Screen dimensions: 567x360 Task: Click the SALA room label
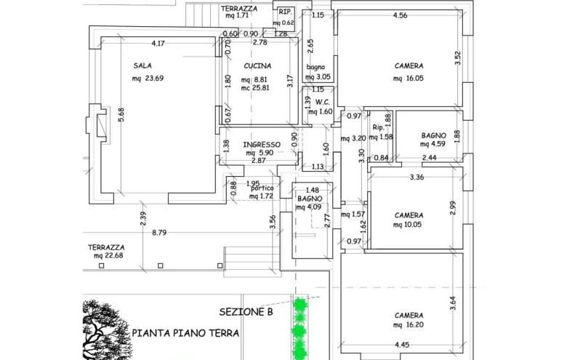(x=142, y=65)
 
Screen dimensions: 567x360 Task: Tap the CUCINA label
(x=257, y=66)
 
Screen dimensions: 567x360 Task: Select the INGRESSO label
(x=262, y=145)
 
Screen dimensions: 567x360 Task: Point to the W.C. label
(x=322, y=103)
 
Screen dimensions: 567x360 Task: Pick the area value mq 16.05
(x=409, y=78)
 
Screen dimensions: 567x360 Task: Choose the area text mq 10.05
(x=407, y=224)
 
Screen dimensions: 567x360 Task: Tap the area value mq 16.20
(x=409, y=324)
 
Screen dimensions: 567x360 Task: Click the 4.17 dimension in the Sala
(x=158, y=44)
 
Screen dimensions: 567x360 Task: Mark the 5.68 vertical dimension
(x=121, y=115)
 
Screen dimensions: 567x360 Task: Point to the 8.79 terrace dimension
(x=159, y=233)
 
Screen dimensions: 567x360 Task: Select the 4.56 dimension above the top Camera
(x=401, y=15)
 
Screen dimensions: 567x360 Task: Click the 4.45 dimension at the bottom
(x=402, y=345)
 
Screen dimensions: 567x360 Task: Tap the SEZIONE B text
(x=246, y=312)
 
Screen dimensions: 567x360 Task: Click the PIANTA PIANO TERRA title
(x=185, y=333)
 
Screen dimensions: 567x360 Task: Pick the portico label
(x=262, y=188)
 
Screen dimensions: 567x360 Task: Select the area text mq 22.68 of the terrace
(x=108, y=255)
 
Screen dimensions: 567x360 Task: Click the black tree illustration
(x=105, y=329)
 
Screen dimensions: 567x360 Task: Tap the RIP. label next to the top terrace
(x=285, y=12)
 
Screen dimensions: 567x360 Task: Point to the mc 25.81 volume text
(x=255, y=87)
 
